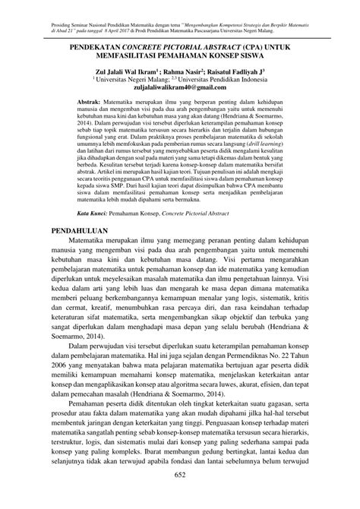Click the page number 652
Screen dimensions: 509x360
point(180,496)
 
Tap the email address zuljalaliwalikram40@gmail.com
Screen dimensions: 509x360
point(179,87)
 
